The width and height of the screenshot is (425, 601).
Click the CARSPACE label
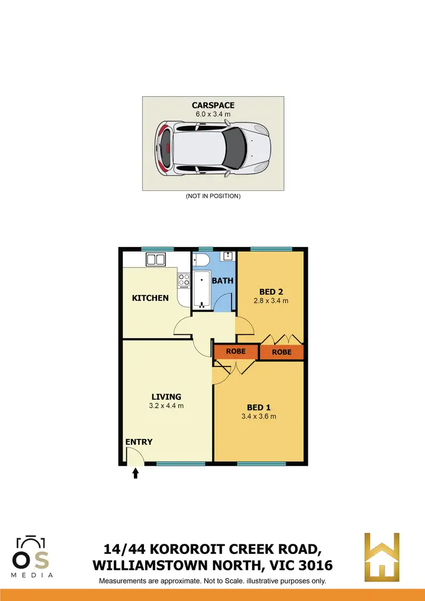pyautogui.click(x=212, y=105)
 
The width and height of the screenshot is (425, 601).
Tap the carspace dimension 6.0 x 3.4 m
pyautogui.click(x=212, y=114)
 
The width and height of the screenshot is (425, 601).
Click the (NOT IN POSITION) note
pyautogui.click(x=212, y=196)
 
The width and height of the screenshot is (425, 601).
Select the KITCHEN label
pyautogui.click(x=150, y=298)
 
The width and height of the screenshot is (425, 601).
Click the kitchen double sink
pyautogui.click(x=155, y=260)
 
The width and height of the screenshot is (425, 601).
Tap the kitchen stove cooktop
pyautogui.click(x=184, y=280)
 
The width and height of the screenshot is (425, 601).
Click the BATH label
pyautogui.click(x=223, y=280)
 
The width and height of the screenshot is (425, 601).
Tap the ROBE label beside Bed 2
pyautogui.click(x=282, y=352)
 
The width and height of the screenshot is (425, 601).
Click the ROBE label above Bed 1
pyautogui.click(x=236, y=351)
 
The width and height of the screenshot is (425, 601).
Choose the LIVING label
pyautogui.click(x=166, y=397)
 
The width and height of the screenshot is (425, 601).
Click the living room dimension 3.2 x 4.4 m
pyautogui.click(x=166, y=406)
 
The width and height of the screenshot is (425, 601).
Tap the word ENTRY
pyautogui.click(x=139, y=442)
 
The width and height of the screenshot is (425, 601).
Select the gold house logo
pyautogui.click(x=382, y=557)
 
